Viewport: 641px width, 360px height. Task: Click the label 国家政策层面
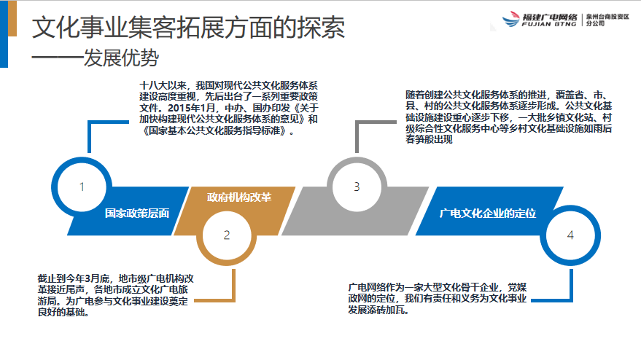click(137, 214)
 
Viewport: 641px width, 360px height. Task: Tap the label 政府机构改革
click(239, 197)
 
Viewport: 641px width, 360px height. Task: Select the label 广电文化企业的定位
click(488, 214)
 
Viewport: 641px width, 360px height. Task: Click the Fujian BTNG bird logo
click(510, 19)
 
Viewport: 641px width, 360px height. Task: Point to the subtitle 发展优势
click(121, 58)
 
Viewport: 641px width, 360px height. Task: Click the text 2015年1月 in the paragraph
click(191, 108)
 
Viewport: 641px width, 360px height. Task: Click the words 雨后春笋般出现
click(508, 134)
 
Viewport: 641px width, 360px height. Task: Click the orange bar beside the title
click(12, 18)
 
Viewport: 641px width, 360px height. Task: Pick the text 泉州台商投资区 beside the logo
click(607, 17)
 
